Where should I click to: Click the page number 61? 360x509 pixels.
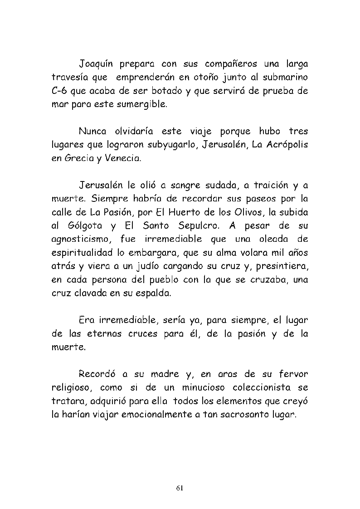[180, 488]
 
